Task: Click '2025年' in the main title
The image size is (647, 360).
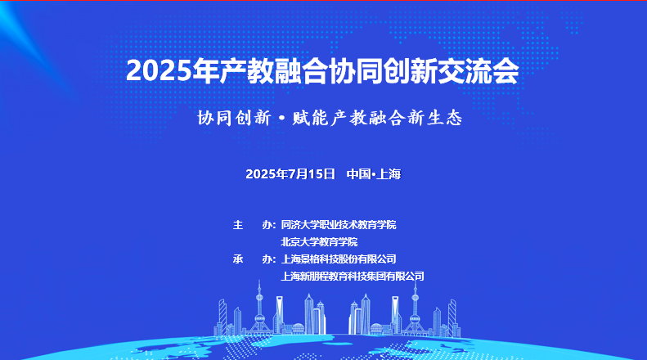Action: (173, 71)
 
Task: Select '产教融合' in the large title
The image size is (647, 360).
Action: (273, 71)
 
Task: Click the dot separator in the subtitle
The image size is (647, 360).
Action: (282, 119)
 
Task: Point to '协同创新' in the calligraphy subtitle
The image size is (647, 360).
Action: (234, 118)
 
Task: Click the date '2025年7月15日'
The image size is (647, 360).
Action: (290, 173)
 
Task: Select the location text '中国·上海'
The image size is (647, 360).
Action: (374, 173)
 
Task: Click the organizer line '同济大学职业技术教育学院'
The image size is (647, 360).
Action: (339, 224)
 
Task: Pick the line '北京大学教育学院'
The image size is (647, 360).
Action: (319, 241)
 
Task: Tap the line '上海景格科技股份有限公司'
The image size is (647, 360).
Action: (339, 259)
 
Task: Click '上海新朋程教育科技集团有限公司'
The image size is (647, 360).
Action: (353, 277)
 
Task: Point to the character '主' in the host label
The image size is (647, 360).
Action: (238, 224)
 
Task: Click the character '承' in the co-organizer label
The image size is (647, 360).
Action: (238, 259)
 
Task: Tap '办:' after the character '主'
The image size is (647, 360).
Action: (269, 224)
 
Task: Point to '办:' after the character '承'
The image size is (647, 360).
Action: (269, 259)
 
